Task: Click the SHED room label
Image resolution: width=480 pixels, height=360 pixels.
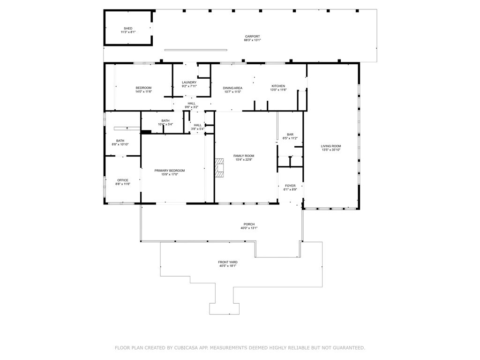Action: pyautogui.click(x=128, y=29)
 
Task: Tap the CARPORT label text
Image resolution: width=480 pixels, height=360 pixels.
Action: pyautogui.click(x=252, y=37)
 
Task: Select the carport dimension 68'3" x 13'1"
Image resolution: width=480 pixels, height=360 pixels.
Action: pyautogui.click(x=252, y=40)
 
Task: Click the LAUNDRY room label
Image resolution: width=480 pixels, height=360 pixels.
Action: pyautogui.click(x=189, y=82)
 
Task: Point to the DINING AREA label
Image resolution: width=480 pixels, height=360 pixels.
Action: pyautogui.click(x=232, y=88)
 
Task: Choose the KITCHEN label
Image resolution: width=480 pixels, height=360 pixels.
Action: pyautogui.click(x=278, y=86)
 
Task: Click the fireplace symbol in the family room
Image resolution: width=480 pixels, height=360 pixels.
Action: pyautogui.click(x=220, y=168)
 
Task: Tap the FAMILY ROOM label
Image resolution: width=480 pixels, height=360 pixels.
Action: pyautogui.click(x=244, y=156)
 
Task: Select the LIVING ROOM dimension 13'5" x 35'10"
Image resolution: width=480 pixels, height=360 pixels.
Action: pyautogui.click(x=331, y=150)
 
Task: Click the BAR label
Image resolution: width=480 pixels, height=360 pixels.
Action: pyautogui.click(x=290, y=135)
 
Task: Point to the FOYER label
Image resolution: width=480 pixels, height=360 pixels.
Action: pyautogui.click(x=290, y=186)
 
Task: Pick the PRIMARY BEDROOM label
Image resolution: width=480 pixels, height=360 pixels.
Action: pyautogui.click(x=170, y=171)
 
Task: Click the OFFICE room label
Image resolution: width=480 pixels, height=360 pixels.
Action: pyautogui.click(x=123, y=180)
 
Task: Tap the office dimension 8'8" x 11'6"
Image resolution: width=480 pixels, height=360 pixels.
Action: pyautogui.click(x=123, y=184)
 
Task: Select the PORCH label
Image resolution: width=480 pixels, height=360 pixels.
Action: pyautogui.click(x=249, y=224)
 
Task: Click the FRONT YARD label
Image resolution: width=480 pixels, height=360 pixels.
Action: pyautogui.click(x=228, y=262)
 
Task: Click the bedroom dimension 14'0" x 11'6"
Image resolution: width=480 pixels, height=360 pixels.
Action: pyautogui.click(x=143, y=91)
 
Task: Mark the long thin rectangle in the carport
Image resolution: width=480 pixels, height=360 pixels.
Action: pyautogui.click(x=196, y=50)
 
